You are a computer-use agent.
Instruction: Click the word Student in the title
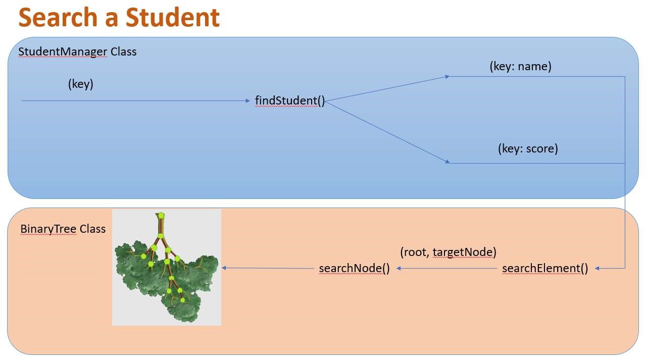coord(172,17)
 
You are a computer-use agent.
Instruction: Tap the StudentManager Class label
coord(77,52)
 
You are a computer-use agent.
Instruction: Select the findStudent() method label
coord(289,100)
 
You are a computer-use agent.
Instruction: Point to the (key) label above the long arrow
coord(81,84)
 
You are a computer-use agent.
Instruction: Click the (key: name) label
coord(520,66)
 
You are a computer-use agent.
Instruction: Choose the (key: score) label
coord(528,148)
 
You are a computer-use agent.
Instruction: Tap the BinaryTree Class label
coord(63,229)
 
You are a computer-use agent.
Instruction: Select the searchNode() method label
coord(354,268)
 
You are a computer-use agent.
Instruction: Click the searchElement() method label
coord(545,268)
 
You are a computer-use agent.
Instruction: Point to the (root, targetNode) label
coord(448,251)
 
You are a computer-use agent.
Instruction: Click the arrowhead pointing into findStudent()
coord(248,100)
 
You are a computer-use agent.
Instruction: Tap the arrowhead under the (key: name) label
coord(447,77)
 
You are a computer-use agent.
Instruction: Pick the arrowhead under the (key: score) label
coord(447,162)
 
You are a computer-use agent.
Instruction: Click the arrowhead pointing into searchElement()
coord(598,268)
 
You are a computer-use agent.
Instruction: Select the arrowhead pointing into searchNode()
coord(400,268)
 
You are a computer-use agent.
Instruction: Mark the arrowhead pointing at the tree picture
coord(224,268)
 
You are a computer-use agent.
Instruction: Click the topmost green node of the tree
coord(161,216)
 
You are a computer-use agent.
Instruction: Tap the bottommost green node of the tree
coord(183,300)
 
